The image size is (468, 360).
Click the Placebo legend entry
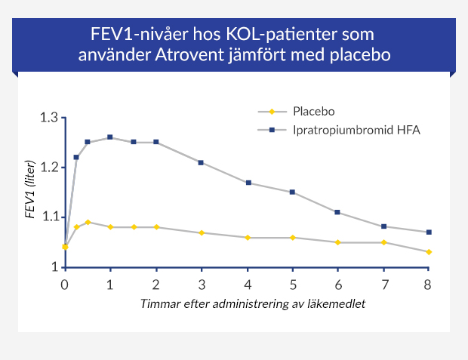313,111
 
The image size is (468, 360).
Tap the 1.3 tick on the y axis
49,118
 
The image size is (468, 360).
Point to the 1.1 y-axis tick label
49,217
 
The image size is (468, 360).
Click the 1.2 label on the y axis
49,168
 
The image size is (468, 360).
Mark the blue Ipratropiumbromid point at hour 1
110,137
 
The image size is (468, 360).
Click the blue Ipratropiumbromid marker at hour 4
248,183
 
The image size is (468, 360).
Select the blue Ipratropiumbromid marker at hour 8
429,232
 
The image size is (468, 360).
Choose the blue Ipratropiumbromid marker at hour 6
337,212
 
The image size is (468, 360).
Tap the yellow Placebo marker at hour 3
202,232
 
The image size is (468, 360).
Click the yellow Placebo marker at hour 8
429,251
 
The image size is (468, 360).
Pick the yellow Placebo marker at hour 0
65,247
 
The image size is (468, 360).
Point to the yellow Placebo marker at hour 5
292,238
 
